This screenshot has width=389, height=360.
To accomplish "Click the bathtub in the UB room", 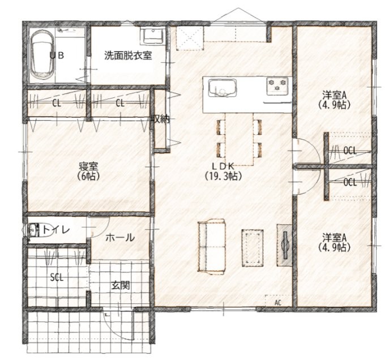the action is [42, 55].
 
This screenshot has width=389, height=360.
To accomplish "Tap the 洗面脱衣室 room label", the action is [128, 55].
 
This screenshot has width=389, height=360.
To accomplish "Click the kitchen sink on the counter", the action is [223, 88].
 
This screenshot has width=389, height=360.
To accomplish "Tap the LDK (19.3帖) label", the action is [223, 171].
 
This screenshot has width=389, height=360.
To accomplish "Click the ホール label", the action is [120, 238].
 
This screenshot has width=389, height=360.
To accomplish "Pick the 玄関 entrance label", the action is [120, 286].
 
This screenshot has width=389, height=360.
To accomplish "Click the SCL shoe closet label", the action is [57, 277].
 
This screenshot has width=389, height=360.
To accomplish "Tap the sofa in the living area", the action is [212, 247].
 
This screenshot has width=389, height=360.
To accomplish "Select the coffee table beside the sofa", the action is [253, 248].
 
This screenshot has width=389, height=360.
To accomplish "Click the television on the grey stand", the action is [285, 246].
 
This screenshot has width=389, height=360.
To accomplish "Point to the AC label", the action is [278, 302].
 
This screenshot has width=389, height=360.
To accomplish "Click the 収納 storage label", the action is [161, 119].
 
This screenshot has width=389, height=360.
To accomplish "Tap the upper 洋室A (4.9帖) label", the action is [334, 100].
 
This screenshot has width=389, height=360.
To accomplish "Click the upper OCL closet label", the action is [350, 151].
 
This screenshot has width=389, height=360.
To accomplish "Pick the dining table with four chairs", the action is [240, 139].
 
